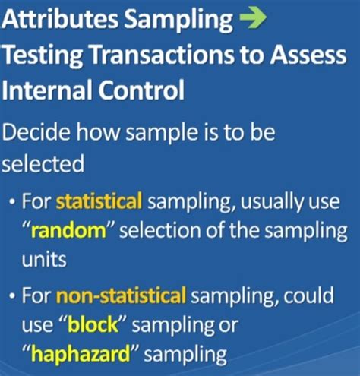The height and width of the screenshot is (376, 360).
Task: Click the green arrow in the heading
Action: coord(254,21)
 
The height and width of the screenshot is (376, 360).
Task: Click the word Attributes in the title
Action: coord(56,21)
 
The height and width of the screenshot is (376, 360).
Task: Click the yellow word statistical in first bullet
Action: coord(99,201)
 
